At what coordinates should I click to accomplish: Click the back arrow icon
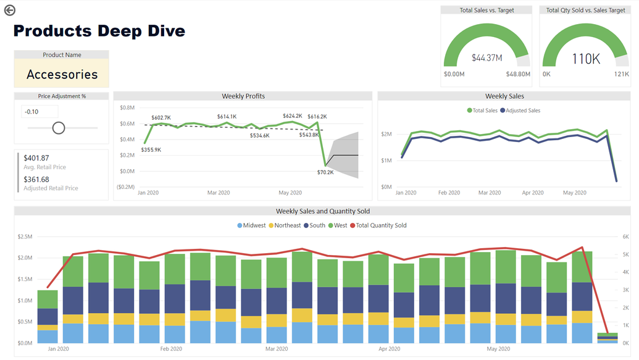[9, 10]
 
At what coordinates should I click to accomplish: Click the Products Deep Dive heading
[99, 31]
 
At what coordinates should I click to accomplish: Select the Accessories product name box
[62, 74]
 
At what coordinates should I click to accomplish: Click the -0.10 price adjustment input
[40, 112]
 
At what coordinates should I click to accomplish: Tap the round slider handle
[59, 128]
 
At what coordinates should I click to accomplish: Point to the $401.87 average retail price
[36, 158]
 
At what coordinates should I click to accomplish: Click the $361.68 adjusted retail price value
[36, 180]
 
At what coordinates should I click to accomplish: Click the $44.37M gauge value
[487, 58]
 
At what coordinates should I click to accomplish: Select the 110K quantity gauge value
[586, 59]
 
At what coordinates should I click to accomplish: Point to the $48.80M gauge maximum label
[518, 74]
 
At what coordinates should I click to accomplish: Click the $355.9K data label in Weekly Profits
[151, 149]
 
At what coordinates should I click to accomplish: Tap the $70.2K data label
[325, 172]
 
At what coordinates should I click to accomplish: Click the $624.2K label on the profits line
[292, 116]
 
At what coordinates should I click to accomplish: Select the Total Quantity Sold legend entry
[381, 225]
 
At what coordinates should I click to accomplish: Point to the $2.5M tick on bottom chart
[25, 237]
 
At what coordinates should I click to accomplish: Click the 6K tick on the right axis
[625, 237]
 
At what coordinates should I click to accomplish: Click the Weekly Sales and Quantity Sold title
[322, 211]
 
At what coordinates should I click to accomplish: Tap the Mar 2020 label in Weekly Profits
[219, 193]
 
